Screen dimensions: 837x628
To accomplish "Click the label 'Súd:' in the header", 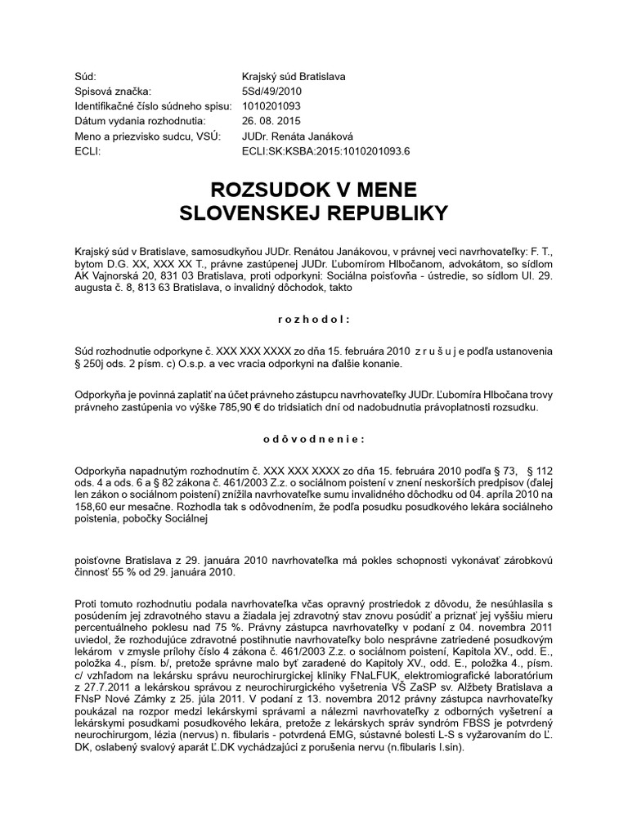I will [x=84, y=76].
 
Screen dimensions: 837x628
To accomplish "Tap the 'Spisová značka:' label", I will [x=113, y=91].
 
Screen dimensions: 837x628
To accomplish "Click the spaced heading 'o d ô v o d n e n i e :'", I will [x=313, y=439].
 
